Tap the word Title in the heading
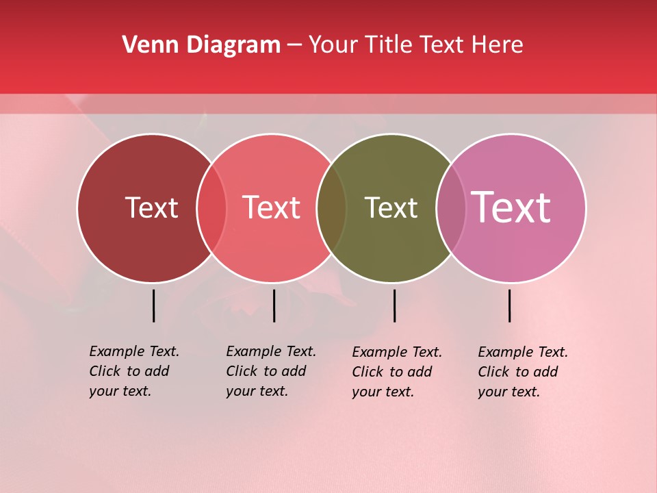point(390,45)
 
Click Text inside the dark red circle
point(151,207)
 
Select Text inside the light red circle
point(272,207)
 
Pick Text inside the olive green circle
point(391,207)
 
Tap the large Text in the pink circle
point(511,207)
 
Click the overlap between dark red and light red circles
point(211,208)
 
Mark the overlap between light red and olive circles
point(331,208)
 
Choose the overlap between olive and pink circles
point(450,208)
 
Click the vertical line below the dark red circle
point(154,305)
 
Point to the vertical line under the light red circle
point(274,305)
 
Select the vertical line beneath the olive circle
point(394,305)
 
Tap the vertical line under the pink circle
point(509,305)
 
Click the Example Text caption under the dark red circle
point(133,371)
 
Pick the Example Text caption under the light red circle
point(270,371)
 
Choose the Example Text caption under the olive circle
point(396,372)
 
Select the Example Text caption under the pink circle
point(522,372)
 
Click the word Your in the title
point(333,45)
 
